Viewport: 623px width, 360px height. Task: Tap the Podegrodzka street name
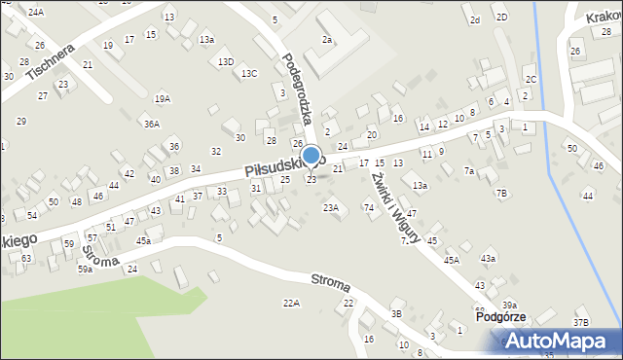pyautogui.click(x=294, y=88)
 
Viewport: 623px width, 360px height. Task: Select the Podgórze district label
pyautogui.click(x=501, y=317)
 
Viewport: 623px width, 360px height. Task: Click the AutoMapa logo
pyautogui.click(x=562, y=341)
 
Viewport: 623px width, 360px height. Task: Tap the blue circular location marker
pyautogui.click(x=311, y=156)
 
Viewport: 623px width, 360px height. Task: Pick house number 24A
pyautogui.click(x=36, y=12)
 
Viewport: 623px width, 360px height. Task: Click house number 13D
pyautogui.click(x=226, y=61)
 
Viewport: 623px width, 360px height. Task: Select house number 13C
pyautogui.click(x=249, y=73)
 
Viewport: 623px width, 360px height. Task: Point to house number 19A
pyautogui.click(x=162, y=98)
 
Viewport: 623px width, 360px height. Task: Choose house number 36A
pyautogui.click(x=151, y=124)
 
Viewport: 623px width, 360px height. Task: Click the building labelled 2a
pyautogui.click(x=327, y=40)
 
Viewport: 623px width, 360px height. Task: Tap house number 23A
pyautogui.click(x=331, y=207)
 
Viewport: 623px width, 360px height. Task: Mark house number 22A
pyautogui.click(x=291, y=304)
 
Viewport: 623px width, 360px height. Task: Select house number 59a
pyautogui.click(x=86, y=269)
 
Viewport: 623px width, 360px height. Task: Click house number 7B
pyautogui.click(x=501, y=193)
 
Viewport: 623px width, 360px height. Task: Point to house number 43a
pyautogui.click(x=488, y=258)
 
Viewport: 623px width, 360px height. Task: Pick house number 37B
pyautogui.click(x=581, y=322)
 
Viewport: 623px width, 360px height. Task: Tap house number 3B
pyautogui.click(x=396, y=313)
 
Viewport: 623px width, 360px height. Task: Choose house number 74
pyautogui.click(x=369, y=207)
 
